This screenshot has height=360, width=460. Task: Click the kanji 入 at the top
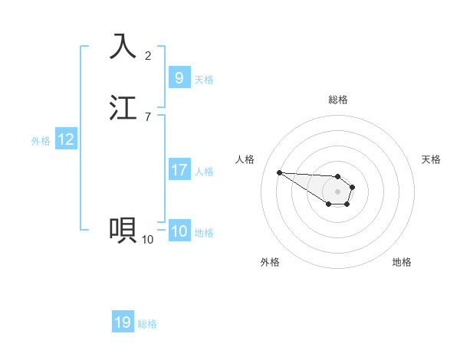click(123, 46)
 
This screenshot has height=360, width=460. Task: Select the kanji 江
click(123, 107)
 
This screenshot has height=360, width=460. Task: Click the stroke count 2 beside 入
click(148, 55)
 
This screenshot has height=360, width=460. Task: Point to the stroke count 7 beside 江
click(148, 116)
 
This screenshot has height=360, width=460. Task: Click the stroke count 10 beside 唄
click(148, 239)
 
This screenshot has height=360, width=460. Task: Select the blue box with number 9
click(179, 78)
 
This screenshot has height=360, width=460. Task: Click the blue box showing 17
click(179, 170)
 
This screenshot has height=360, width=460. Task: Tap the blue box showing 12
click(66, 139)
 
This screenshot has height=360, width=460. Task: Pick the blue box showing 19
click(123, 322)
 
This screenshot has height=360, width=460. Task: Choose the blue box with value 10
click(179, 231)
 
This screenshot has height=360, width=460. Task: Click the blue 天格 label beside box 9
click(204, 80)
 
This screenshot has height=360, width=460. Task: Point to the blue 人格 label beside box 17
click(204, 172)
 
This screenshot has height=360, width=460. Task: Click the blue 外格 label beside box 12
click(41, 141)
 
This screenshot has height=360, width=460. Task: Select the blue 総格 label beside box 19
click(147, 324)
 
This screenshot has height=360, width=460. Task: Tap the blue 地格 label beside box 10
click(204, 233)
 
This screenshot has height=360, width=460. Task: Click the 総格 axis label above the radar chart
click(337, 100)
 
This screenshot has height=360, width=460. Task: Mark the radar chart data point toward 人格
click(279, 172)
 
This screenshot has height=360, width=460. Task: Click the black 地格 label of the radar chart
click(402, 262)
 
